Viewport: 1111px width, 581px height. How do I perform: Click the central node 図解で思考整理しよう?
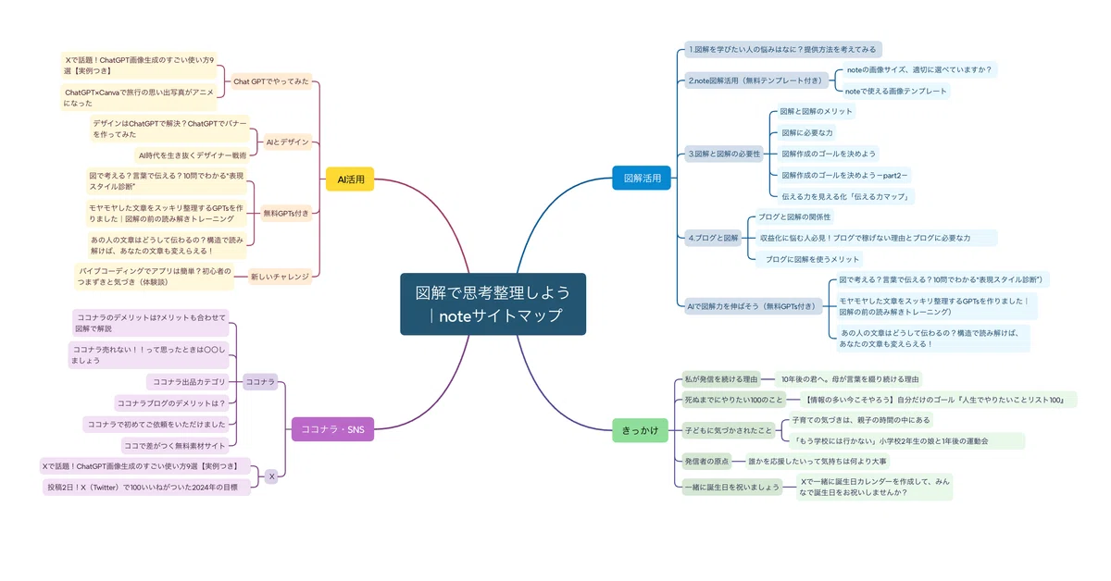pyautogui.click(x=493, y=303)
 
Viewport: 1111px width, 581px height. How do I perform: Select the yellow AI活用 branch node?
pyautogui.click(x=350, y=179)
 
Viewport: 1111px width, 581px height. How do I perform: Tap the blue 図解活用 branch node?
pyautogui.click(x=642, y=178)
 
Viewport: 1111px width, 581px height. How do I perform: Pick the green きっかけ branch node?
pyautogui.click(x=640, y=430)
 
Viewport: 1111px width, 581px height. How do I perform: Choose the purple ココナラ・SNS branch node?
pyautogui.click(x=332, y=429)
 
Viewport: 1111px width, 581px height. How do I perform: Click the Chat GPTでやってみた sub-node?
pyautogui.click(x=270, y=81)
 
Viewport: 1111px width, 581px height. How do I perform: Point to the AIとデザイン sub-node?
pyautogui.click(x=287, y=142)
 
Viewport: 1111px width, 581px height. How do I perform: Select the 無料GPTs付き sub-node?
pyautogui.click(x=286, y=213)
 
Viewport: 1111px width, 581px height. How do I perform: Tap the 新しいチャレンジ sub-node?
pyautogui.click(x=280, y=277)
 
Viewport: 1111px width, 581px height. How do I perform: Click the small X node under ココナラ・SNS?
pyautogui.click(x=271, y=476)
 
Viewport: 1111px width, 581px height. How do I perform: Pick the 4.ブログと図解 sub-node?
pyautogui.click(x=713, y=238)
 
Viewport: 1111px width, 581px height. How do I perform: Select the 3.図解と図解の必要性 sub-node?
pyautogui.click(x=724, y=154)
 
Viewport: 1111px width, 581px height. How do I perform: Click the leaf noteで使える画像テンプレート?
pyautogui.click(x=896, y=91)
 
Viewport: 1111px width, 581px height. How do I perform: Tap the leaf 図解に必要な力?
pyautogui.click(x=807, y=132)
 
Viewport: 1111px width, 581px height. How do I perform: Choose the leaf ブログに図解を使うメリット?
pyautogui.click(x=808, y=259)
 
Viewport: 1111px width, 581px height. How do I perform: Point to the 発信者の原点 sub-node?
pyautogui.click(x=706, y=462)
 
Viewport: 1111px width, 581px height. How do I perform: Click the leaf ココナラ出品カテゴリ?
pyautogui.click(x=188, y=382)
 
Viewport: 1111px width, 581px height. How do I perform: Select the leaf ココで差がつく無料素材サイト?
pyautogui.click(x=175, y=446)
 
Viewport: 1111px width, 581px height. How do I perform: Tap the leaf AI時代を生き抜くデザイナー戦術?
pyautogui.click(x=192, y=155)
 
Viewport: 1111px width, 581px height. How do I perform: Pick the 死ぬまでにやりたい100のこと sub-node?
pyautogui.click(x=733, y=400)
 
